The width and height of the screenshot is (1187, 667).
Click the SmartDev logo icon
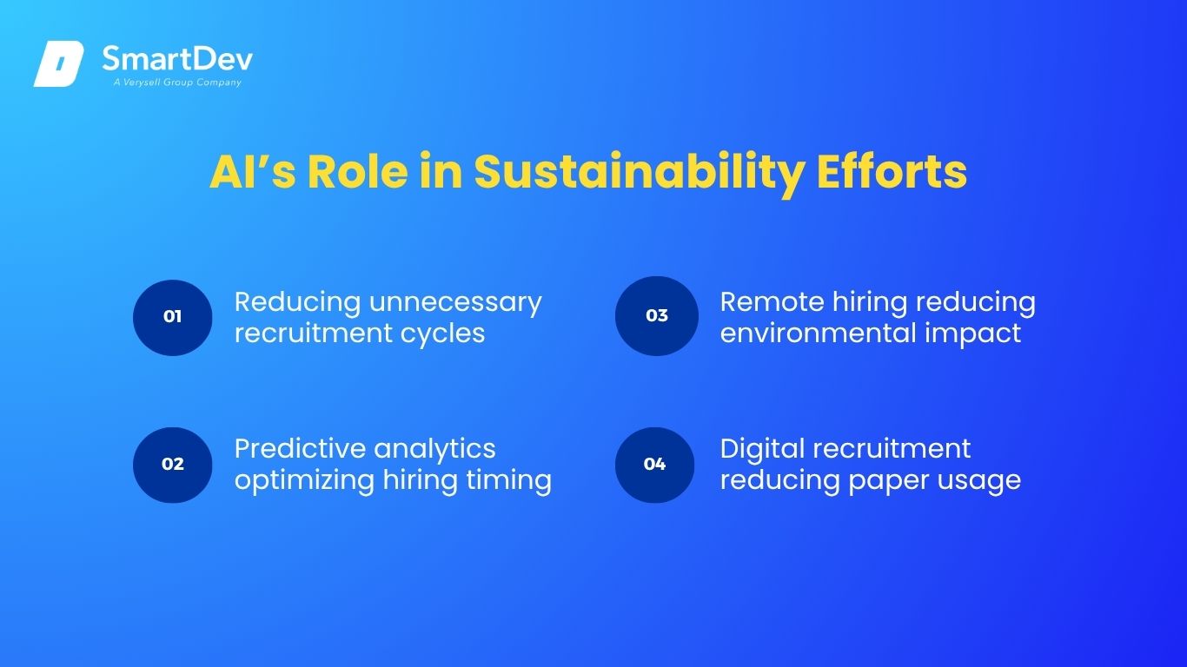(59, 63)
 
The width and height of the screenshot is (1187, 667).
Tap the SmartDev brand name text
(177, 58)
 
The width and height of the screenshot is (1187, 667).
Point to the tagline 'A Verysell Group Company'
(177, 83)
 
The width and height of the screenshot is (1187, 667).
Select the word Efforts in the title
(892, 170)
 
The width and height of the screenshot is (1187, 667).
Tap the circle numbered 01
(172, 317)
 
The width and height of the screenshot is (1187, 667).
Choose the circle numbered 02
(172, 465)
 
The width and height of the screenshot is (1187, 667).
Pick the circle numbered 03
(657, 316)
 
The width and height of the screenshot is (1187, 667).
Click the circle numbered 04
(654, 465)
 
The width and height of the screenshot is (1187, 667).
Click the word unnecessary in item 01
(455, 304)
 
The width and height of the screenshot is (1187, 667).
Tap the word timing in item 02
(508, 481)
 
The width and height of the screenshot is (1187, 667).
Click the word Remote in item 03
(773, 302)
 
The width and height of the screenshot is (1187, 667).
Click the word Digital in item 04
(763, 450)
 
